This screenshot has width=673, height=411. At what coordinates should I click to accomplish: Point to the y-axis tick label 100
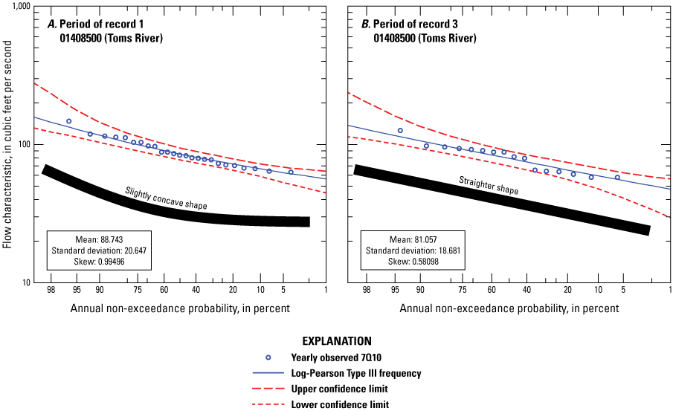[x=21, y=144]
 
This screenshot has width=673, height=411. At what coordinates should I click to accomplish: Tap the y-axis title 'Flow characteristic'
[x=7, y=144]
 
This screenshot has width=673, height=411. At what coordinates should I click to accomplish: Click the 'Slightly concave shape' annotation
[x=166, y=198]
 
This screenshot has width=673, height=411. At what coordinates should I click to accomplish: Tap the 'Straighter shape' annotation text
[x=488, y=186]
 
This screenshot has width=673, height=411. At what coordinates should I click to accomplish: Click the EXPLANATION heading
[x=336, y=341]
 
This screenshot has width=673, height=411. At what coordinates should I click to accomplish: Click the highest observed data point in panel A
[x=68, y=121]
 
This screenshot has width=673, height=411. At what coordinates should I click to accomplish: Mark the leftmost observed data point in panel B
[x=400, y=131]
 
